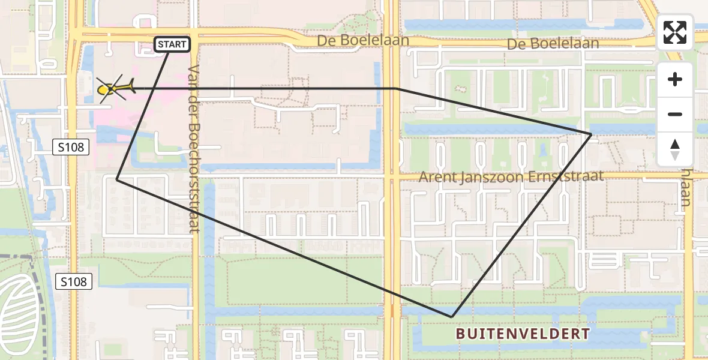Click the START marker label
pyautogui.click(x=173, y=44)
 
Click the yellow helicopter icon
pyautogui.click(x=113, y=89)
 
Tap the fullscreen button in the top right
pyautogui.click(x=675, y=32)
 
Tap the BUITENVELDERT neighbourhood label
pyautogui.click(x=522, y=334)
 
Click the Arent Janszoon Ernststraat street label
pyautogui.click(x=510, y=176)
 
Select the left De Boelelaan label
pyautogui.click(x=364, y=40)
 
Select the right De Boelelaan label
pyautogui.click(x=553, y=44)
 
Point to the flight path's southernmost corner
pyautogui.click(x=451, y=316)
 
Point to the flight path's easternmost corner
pyautogui.click(x=591, y=134)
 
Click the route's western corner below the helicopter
pyautogui.click(x=117, y=179)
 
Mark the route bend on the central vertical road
pyautogui.click(x=397, y=89)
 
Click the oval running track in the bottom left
pyautogui.click(x=19, y=316)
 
